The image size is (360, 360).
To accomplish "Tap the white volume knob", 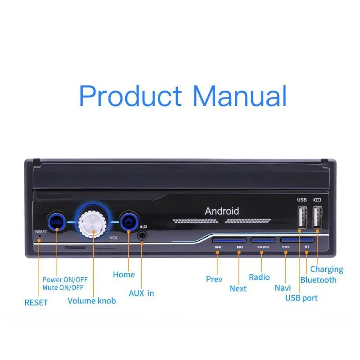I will pyautogui.click(x=94, y=221).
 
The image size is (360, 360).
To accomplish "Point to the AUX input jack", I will pyautogui.click(x=142, y=235).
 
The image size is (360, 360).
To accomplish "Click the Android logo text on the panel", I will pyautogui.click(x=222, y=211).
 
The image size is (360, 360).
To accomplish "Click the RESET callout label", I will pyautogui.click(x=36, y=302).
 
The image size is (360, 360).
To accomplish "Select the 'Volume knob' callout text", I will pyautogui.click(x=92, y=300).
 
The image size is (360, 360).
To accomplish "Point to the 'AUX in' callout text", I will pyautogui.click(x=141, y=293).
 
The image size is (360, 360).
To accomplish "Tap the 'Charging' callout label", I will pyautogui.click(x=326, y=269).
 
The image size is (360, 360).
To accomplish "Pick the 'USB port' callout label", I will pyautogui.click(x=301, y=298).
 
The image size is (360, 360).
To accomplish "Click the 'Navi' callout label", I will pyautogui.click(x=283, y=287).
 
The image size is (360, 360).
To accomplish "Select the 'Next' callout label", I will pyautogui.click(x=238, y=288).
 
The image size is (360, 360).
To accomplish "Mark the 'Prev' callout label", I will pyautogui.click(x=214, y=279).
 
